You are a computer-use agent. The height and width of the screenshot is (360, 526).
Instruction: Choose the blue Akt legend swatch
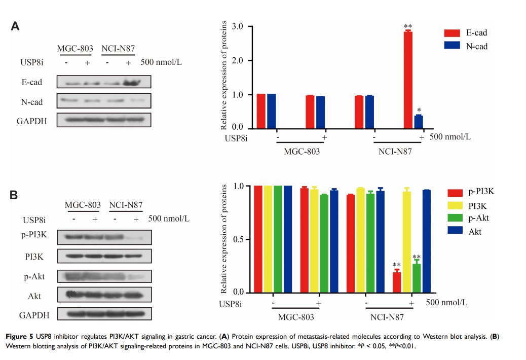(455, 231)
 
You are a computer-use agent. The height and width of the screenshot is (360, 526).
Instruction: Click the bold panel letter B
(15, 195)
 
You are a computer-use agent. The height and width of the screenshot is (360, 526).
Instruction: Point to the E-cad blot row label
(32, 82)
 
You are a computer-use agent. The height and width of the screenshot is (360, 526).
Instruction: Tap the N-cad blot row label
(32, 102)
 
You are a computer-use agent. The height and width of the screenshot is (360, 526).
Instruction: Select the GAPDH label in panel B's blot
(34, 315)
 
